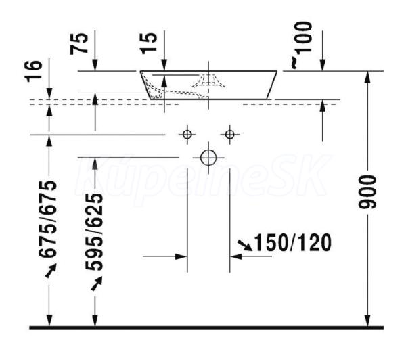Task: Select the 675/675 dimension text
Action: [47, 219]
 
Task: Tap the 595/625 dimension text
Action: [94, 232]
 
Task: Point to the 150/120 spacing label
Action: [293, 243]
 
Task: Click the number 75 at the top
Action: [79, 43]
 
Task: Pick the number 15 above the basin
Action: [150, 43]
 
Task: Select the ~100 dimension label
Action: [302, 45]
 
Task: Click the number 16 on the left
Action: [34, 71]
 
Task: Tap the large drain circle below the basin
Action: [208, 158]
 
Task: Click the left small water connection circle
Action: [187, 135]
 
